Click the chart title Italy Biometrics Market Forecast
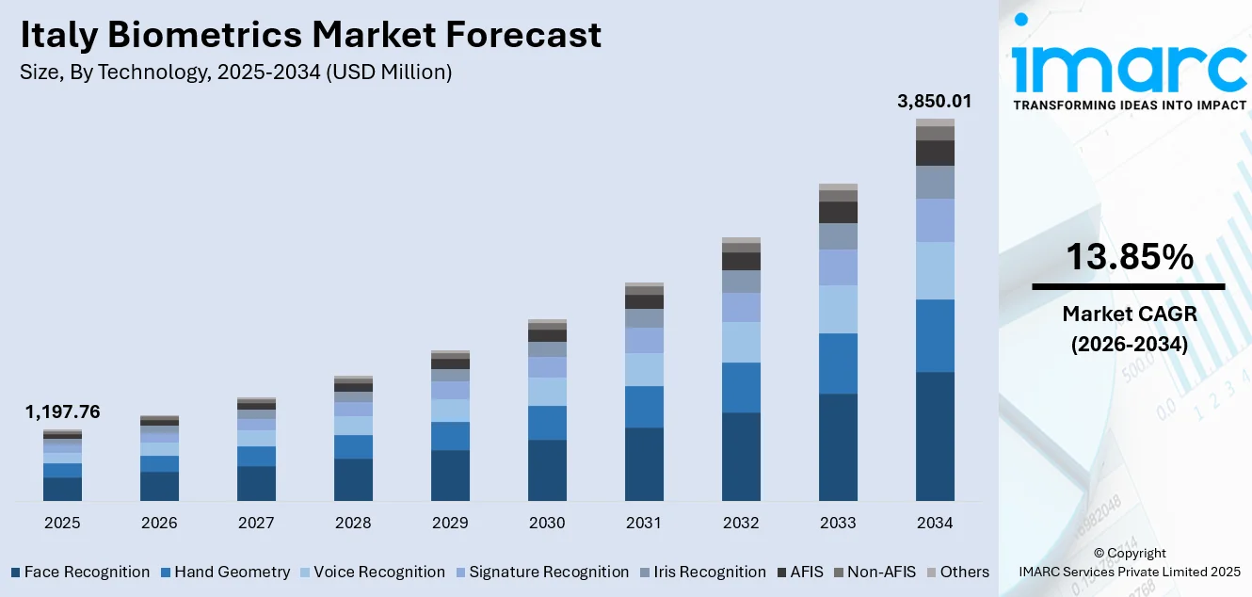(310, 35)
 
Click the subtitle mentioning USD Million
(235, 73)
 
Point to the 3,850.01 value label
(934, 102)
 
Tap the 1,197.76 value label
(62, 412)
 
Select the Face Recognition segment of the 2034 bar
(935, 436)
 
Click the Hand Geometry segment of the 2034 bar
(935, 335)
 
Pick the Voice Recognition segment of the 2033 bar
(838, 309)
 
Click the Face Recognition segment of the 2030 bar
(547, 470)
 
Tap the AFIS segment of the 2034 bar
(935, 153)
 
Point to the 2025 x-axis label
(62, 523)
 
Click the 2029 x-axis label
(450, 523)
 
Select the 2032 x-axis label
(741, 523)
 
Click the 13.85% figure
(1129, 257)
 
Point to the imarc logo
(1129, 66)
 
